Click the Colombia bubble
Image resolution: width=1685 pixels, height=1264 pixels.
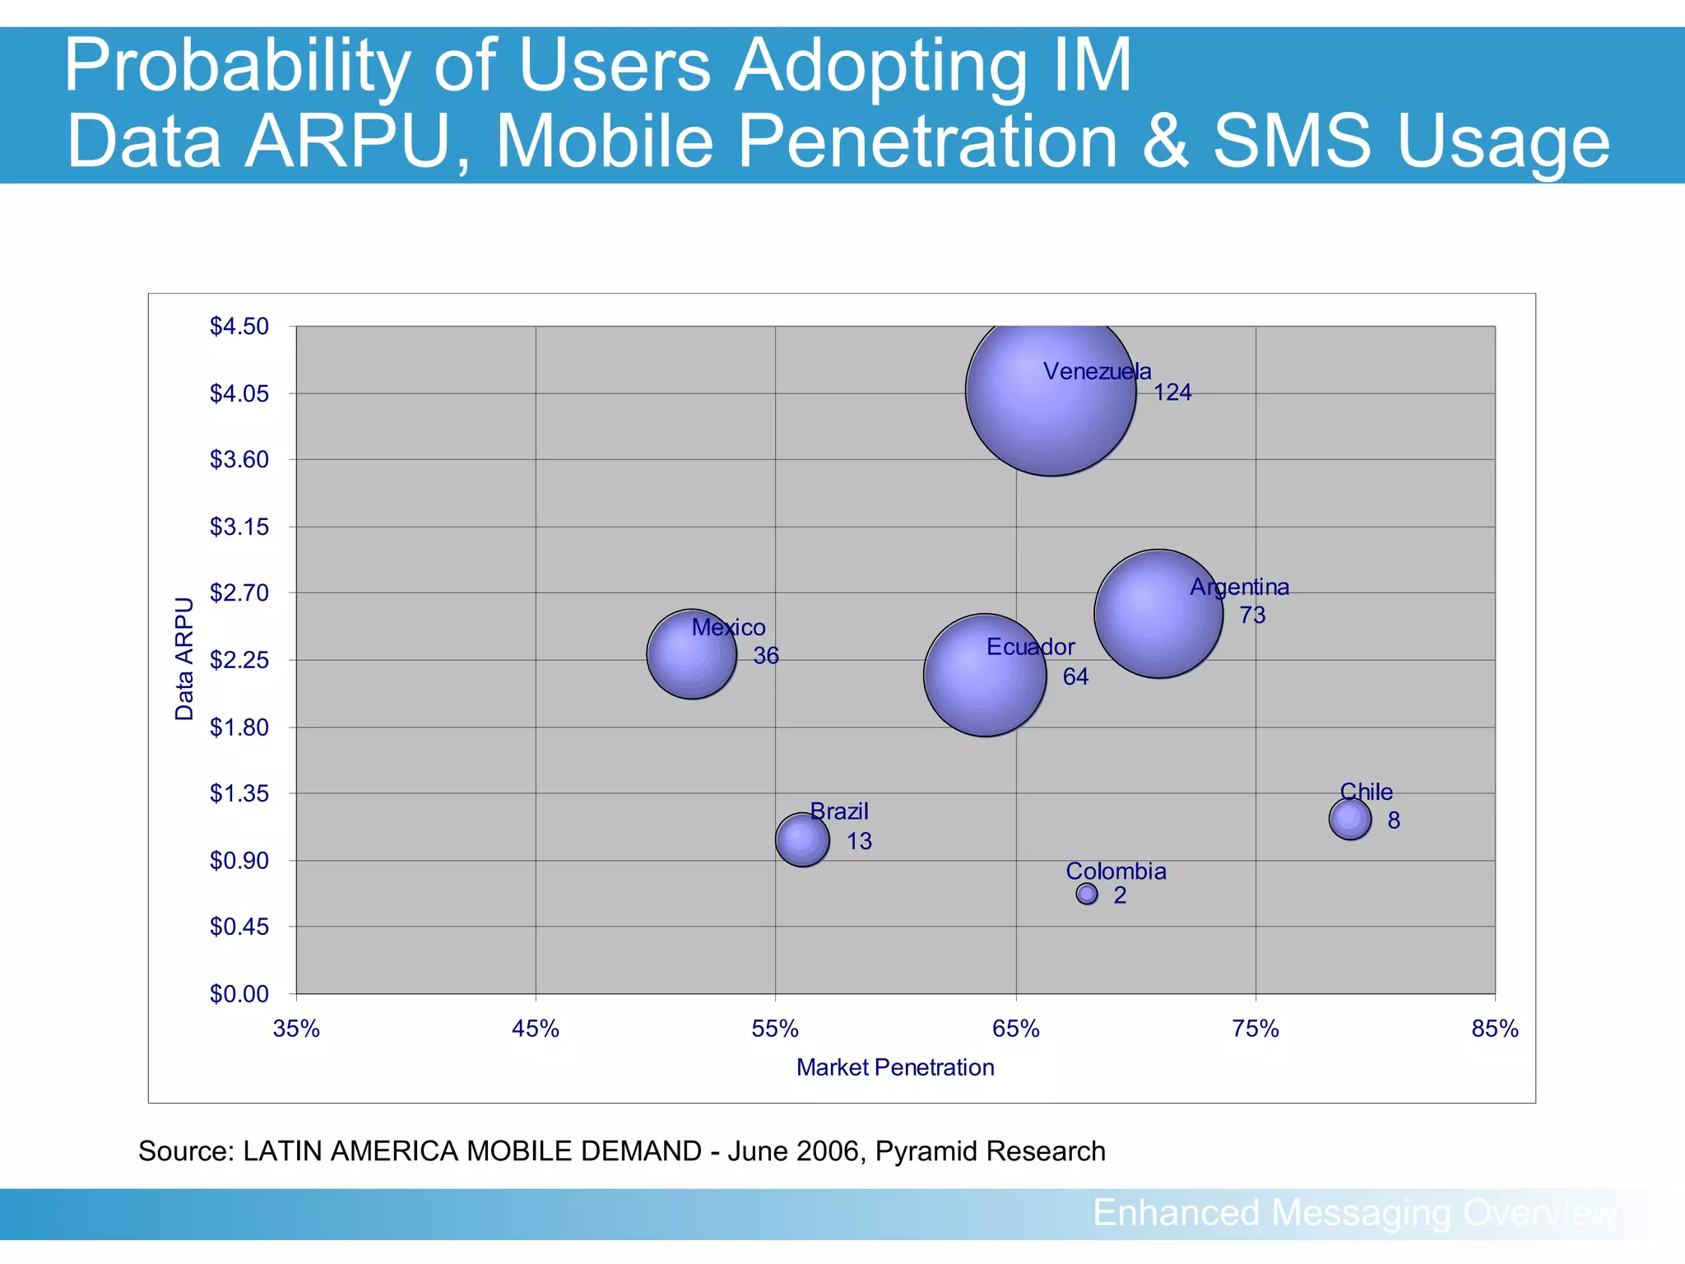[x=1087, y=894]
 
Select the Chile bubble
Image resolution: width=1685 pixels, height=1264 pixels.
[x=1350, y=819]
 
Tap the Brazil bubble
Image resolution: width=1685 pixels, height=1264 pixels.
[x=802, y=839]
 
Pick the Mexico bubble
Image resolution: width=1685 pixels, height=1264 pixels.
[x=691, y=654]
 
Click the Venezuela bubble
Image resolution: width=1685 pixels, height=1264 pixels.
[x=1051, y=391]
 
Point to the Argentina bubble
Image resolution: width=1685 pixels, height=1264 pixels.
[x=1158, y=614]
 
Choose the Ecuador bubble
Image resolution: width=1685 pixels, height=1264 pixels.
[x=985, y=675]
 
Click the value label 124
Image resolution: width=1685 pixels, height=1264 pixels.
[x=1172, y=393]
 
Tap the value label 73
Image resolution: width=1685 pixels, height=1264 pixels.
[x=1252, y=615]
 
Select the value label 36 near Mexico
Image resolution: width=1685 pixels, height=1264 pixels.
[x=766, y=656]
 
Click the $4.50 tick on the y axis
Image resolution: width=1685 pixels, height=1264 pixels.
[x=239, y=327]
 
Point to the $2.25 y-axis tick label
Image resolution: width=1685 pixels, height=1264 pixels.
[x=239, y=660]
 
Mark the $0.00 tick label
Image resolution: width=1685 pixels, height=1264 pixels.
[x=239, y=994]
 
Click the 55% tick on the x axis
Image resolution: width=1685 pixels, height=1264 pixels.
[x=775, y=1029]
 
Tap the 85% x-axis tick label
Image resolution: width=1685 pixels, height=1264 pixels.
[x=1494, y=1029]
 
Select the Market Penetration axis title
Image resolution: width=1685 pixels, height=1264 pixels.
[x=895, y=1067]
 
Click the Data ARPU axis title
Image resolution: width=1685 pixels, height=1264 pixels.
[x=184, y=658]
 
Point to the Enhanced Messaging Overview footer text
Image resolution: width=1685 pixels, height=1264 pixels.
[x=1354, y=1213]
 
